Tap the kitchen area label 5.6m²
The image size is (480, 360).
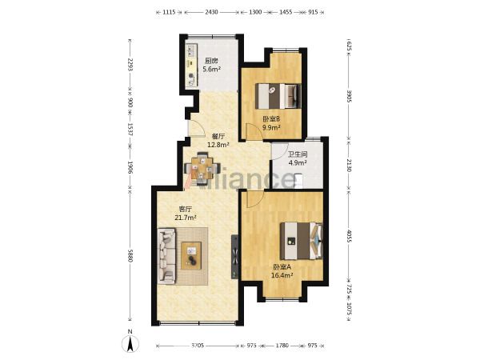coord(211,69)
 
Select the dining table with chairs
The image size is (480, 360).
coord(202,169)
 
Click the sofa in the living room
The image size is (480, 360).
coord(167,257)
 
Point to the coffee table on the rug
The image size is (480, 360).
coord(191,256)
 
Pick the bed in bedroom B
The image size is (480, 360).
coord(278,96)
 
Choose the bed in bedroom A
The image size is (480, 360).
coord(302,241)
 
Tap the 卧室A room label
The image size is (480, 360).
coord(282,267)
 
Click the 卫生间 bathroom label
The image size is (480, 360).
coord(298,154)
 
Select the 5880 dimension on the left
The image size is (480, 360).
coord(130,255)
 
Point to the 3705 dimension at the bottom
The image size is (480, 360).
coord(198,346)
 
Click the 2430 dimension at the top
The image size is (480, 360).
coord(211,12)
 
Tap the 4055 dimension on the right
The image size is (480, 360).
coord(349,235)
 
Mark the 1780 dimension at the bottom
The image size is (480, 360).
coord(282,346)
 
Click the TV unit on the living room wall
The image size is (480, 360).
coord(234,257)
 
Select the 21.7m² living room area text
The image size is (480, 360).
coord(186,218)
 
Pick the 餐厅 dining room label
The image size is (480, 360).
coord(218,137)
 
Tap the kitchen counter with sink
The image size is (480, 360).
coord(192,66)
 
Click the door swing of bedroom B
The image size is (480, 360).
coord(254,131)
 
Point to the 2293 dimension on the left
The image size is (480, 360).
coord(130,65)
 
